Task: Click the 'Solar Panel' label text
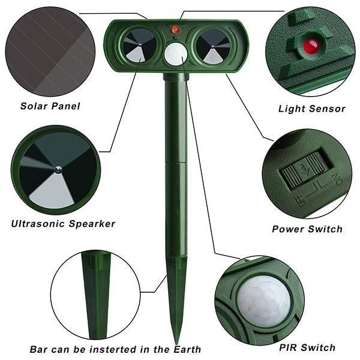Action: point(50,106)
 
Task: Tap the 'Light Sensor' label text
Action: point(311,109)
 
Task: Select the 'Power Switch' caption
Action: point(307,229)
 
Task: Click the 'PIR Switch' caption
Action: point(307,347)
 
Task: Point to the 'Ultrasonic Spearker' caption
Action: point(63,224)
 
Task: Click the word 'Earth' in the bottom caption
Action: point(184,349)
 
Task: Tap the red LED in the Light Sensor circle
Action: point(310,45)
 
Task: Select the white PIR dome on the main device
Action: point(175,53)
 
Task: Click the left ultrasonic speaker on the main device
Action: point(139,46)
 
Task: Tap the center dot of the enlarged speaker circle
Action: point(58,170)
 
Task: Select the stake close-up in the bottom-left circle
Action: point(95,294)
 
